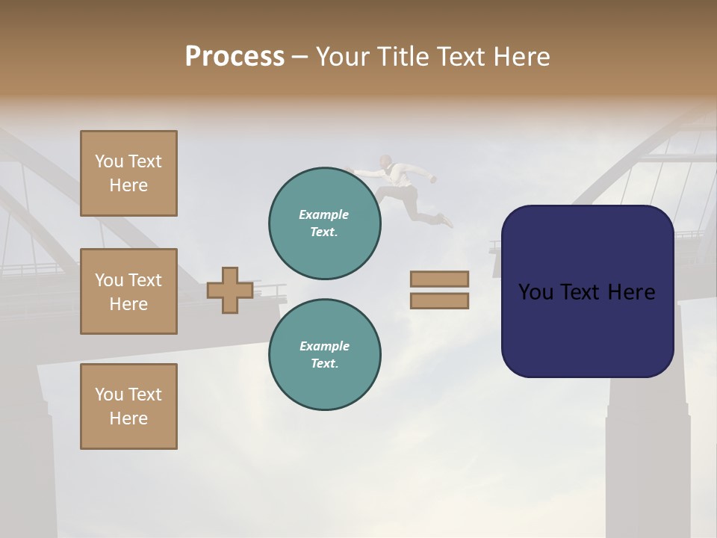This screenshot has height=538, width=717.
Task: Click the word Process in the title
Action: tap(235, 57)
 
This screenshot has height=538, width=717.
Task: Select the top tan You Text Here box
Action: tap(128, 173)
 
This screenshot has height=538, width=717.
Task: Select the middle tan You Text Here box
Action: tap(128, 291)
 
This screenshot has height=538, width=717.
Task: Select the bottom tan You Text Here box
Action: tap(128, 406)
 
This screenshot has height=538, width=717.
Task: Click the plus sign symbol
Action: tap(230, 290)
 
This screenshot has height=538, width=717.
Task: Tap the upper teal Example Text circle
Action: tap(325, 223)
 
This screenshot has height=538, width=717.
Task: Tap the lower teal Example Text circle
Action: tap(325, 355)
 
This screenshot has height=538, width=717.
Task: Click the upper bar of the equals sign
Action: tap(439, 279)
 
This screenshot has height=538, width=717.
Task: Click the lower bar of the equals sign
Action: tap(439, 301)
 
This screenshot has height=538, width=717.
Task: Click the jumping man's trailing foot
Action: tap(447, 220)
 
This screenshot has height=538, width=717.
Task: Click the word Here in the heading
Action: tap(521, 57)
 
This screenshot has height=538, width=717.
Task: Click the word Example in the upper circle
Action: tap(324, 214)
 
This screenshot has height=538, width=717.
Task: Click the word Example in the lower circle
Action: tap(324, 346)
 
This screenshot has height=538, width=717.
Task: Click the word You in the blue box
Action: tap(536, 292)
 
